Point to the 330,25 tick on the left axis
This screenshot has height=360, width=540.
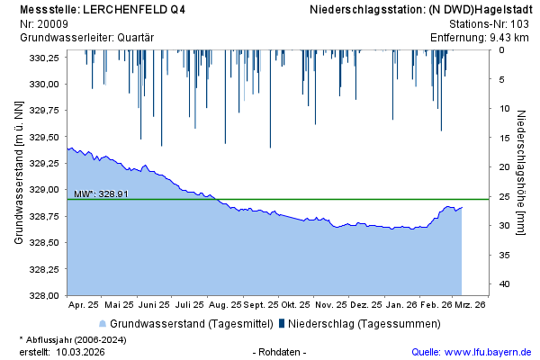(44, 58)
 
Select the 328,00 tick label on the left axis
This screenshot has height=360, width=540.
(44, 295)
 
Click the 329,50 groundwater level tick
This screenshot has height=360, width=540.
(44, 137)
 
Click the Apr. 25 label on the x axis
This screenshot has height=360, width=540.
(84, 305)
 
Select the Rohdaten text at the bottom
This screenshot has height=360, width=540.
(280, 351)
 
